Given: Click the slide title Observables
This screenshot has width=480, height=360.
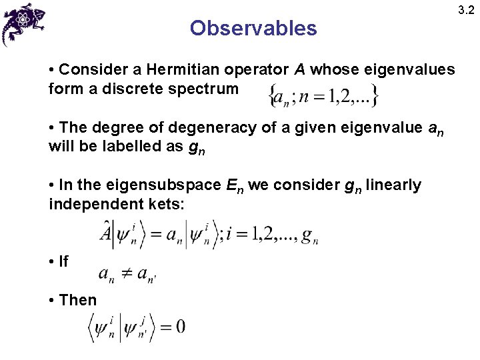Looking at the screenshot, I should tap(253, 28).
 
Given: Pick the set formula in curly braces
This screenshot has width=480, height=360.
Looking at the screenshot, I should tap(323, 95).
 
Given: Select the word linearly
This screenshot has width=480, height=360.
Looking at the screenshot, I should tap(393, 185).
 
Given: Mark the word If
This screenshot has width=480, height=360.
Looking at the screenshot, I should tap(63, 262).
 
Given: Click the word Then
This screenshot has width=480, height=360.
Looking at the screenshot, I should tap(77, 300).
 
